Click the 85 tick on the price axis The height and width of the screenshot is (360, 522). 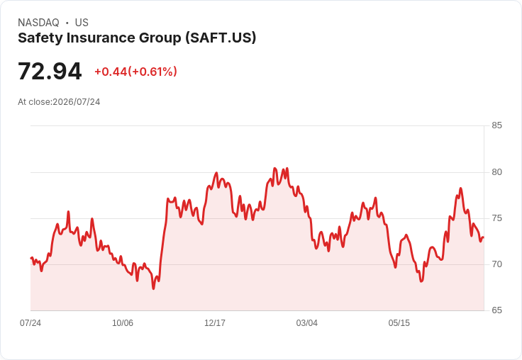[496, 125]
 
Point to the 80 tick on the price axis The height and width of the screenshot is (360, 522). [496, 172]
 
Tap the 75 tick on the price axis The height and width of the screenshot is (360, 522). [496, 218]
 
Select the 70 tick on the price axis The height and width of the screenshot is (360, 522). [496, 264]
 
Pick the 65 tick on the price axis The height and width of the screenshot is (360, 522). [496, 310]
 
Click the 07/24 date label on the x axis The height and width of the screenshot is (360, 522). [30, 322]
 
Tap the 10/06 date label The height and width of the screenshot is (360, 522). [123, 322]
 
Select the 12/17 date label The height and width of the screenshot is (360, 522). [215, 322]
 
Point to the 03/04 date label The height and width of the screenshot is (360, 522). [307, 322]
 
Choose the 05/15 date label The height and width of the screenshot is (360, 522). [399, 322]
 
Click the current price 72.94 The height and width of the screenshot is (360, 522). [50, 71]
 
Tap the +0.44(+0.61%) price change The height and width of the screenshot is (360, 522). [136, 72]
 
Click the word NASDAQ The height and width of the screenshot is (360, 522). [38, 23]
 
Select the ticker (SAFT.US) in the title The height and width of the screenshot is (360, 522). [221, 38]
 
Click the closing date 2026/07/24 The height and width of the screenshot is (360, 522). [77, 102]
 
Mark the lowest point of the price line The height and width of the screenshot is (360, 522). [153, 288]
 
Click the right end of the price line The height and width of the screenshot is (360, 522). [484, 237]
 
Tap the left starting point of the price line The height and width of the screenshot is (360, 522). [31, 258]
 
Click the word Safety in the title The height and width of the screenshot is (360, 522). [40, 38]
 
